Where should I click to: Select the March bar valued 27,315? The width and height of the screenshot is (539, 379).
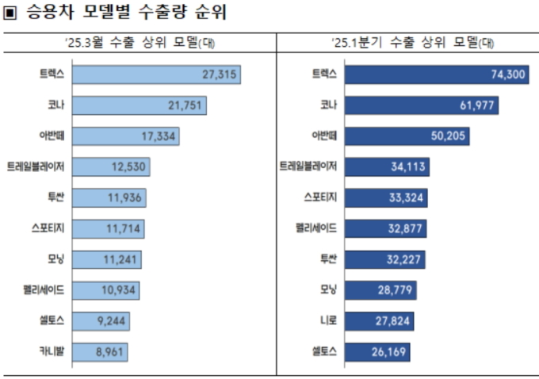[155, 75]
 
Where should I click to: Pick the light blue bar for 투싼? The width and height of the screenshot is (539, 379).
[109, 197]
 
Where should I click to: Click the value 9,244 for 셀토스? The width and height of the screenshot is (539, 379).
[109, 321]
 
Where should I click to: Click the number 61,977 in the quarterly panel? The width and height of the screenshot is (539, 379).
[476, 105]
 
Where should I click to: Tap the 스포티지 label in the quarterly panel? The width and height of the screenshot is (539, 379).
[320, 197]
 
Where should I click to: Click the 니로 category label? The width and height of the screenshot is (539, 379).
[320, 321]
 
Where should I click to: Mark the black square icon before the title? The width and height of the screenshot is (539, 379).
[10, 13]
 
